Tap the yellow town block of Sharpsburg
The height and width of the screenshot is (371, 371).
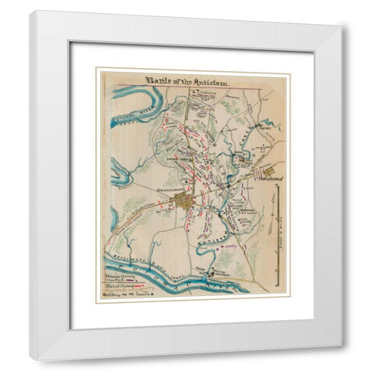[x=183, y=203]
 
